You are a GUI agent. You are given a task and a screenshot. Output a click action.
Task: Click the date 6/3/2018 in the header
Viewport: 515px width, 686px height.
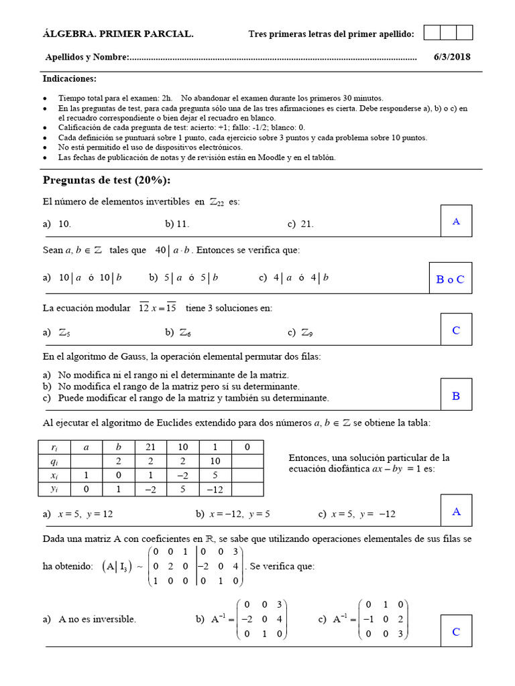click(452, 57)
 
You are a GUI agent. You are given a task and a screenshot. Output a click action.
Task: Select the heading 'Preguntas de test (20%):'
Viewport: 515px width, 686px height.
click(107, 180)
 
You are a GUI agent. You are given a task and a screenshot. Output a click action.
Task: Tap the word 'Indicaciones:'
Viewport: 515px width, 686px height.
click(70, 79)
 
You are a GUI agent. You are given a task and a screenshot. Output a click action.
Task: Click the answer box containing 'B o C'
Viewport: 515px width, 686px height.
click(450, 279)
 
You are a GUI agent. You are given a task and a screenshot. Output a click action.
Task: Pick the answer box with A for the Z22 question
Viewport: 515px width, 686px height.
click(456, 221)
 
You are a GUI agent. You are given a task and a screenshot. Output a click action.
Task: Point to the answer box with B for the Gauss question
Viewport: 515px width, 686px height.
click(456, 395)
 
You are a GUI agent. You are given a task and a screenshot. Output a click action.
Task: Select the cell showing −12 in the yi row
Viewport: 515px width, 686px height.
click(215, 490)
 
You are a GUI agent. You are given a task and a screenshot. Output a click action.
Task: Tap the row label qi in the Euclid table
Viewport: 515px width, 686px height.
click(54, 462)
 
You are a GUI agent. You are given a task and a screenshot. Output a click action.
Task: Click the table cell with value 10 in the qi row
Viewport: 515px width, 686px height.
click(215, 462)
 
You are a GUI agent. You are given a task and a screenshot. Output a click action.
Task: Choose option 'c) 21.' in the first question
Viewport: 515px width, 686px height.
click(300, 224)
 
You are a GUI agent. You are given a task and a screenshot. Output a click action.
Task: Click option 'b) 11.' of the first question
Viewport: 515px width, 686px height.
click(177, 224)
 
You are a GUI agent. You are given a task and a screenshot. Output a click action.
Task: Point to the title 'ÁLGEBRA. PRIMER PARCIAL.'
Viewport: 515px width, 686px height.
click(118, 34)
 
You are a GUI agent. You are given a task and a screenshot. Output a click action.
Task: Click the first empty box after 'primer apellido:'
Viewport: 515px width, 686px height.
click(432, 33)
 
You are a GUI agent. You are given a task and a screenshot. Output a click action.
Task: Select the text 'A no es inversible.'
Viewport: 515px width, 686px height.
click(97, 619)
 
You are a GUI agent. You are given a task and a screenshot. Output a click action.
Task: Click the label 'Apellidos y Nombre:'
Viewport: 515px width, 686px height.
click(87, 58)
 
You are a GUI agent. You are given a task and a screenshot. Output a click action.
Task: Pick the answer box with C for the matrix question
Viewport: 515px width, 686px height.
click(456, 631)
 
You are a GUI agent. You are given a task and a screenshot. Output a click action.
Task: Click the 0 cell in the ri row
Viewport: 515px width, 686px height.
click(247, 448)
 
